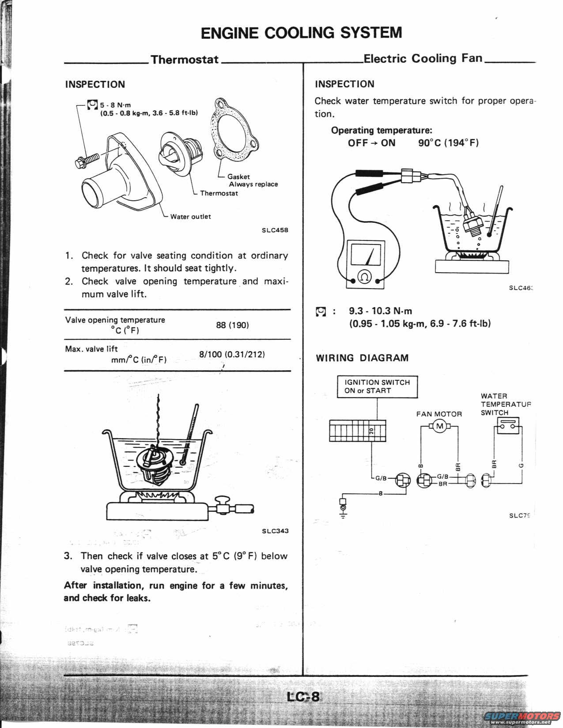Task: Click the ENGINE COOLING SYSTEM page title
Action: coord(301,33)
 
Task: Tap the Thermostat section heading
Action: coord(185,60)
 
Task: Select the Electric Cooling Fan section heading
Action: coord(423,58)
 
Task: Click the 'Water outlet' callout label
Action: coord(190,217)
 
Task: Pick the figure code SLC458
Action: coord(275,230)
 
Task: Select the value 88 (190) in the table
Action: coord(232,325)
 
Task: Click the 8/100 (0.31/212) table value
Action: coord(232,354)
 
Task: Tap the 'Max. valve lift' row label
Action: coord(91,349)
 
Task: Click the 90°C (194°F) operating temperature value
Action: coord(448,143)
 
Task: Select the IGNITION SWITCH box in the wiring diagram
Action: coord(377,387)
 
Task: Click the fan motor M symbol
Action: coord(439,426)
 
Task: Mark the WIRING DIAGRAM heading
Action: coord(362,358)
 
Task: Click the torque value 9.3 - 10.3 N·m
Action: coord(380,311)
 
